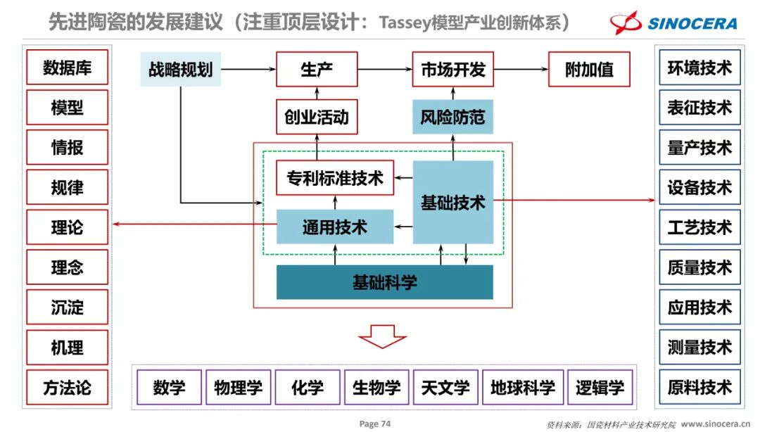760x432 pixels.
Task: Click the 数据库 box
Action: [x=68, y=68]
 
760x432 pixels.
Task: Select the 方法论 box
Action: [x=68, y=387]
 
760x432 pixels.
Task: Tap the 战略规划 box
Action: [x=181, y=69]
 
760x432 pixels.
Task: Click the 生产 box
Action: [x=317, y=69]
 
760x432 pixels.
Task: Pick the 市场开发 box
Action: [x=452, y=69]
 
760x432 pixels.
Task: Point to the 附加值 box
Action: [x=589, y=69]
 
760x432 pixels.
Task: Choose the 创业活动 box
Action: [x=317, y=116]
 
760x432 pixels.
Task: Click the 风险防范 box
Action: [x=452, y=116]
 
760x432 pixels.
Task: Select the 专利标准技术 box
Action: [x=335, y=178]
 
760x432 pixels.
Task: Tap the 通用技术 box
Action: [x=335, y=227]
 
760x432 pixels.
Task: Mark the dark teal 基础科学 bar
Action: [x=384, y=282]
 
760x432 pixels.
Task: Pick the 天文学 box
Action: [x=445, y=387]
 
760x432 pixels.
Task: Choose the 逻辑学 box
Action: [x=600, y=387]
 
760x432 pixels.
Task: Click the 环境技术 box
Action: [x=699, y=68]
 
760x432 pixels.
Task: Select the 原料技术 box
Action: [x=699, y=387]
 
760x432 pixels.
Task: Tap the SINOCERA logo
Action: [x=673, y=23]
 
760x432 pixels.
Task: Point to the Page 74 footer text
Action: [x=374, y=424]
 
